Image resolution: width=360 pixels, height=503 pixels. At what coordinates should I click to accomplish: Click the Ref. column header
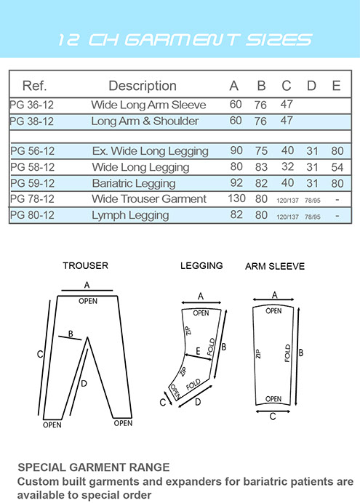pyautogui.click(x=35, y=86)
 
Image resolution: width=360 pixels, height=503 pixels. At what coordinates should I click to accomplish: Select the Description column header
pyautogui.click(x=143, y=86)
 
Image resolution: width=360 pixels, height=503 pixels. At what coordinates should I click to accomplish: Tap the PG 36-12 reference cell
pyautogui.click(x=32, y=105)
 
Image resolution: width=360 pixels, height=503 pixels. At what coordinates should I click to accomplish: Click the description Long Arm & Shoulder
pyautogui.click(x=145, y=121)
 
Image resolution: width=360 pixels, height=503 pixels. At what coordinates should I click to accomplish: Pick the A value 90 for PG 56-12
pyautogui.click(x=236, y=150)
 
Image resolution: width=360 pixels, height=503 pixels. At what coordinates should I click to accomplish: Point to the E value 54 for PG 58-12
pyautogui.click(x=337, y=167)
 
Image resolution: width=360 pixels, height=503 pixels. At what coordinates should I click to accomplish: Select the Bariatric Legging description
pyautogui.click(x=134, y=183)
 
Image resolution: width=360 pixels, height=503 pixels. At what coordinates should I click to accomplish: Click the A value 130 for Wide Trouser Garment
pyautogui.click(x=236, y=198)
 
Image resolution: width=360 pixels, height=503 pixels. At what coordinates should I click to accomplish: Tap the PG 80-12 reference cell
pyautogui.click(x=32, y=214)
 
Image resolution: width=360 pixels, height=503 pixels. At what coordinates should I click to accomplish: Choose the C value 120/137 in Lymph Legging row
pyautogui.click(x=287, y=217)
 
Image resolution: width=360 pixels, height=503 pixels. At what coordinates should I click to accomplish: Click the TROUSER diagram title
pyautogui.click(x=85, y=265)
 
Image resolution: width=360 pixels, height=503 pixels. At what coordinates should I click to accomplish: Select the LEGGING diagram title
pyautogui.click(x=201, y=265)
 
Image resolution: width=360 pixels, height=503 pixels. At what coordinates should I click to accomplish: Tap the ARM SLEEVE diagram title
pyautogui.click(x=275, y=266)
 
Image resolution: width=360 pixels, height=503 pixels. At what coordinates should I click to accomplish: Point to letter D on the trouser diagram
pyautogui.click(x=84, y=383)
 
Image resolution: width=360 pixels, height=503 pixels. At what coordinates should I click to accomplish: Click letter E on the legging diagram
pyautogui.click(x=198, y=351)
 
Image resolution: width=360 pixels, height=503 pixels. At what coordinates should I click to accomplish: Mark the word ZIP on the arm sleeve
pyautogui.click(x=258, y=353)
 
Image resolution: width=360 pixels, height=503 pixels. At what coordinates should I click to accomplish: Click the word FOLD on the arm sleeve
pyautogui.click(x=287, y=353)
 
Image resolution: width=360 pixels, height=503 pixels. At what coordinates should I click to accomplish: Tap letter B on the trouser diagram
pyautogui.click(x=71, y=334)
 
